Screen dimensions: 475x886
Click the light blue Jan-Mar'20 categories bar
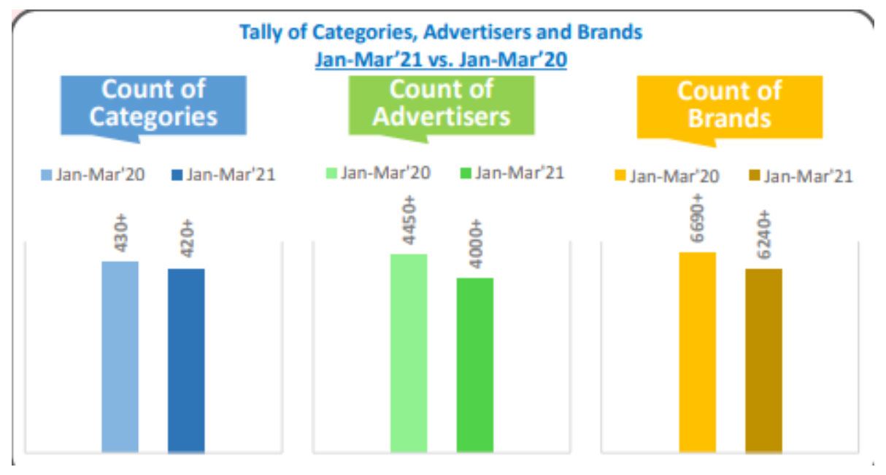[120, 357]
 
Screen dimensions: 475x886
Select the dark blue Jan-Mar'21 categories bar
[186, 360]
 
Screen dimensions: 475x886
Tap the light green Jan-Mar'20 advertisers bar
[408, 353]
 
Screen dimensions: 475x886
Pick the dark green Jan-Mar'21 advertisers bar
[475, 365]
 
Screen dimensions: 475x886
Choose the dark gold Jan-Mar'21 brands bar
[763, 360]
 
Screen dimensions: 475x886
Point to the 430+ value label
[120, 233]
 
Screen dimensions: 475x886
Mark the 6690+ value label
[697, 220]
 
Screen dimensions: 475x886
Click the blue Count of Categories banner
[153, 104]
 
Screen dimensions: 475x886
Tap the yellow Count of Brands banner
[729, 104]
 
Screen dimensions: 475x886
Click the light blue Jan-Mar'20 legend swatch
[46, 175]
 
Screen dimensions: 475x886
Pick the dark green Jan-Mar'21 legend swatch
[464, 174]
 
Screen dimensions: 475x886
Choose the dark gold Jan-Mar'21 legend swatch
[753, 176]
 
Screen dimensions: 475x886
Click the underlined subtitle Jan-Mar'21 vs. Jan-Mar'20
[441, 60]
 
